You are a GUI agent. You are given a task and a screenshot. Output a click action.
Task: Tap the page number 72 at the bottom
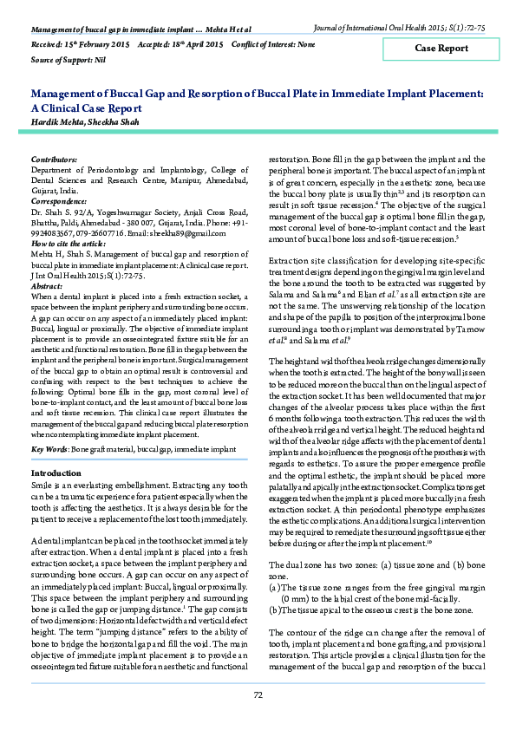[258, 695]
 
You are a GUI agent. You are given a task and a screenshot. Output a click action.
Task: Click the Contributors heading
[54, 160]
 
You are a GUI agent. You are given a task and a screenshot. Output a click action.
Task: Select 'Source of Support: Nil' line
[68, 59]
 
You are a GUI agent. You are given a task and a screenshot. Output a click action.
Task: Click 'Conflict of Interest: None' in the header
[274, 42]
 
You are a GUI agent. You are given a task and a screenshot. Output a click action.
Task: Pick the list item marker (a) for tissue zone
[275, 564]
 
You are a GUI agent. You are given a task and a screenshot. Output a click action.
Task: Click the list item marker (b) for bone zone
[275, 586]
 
